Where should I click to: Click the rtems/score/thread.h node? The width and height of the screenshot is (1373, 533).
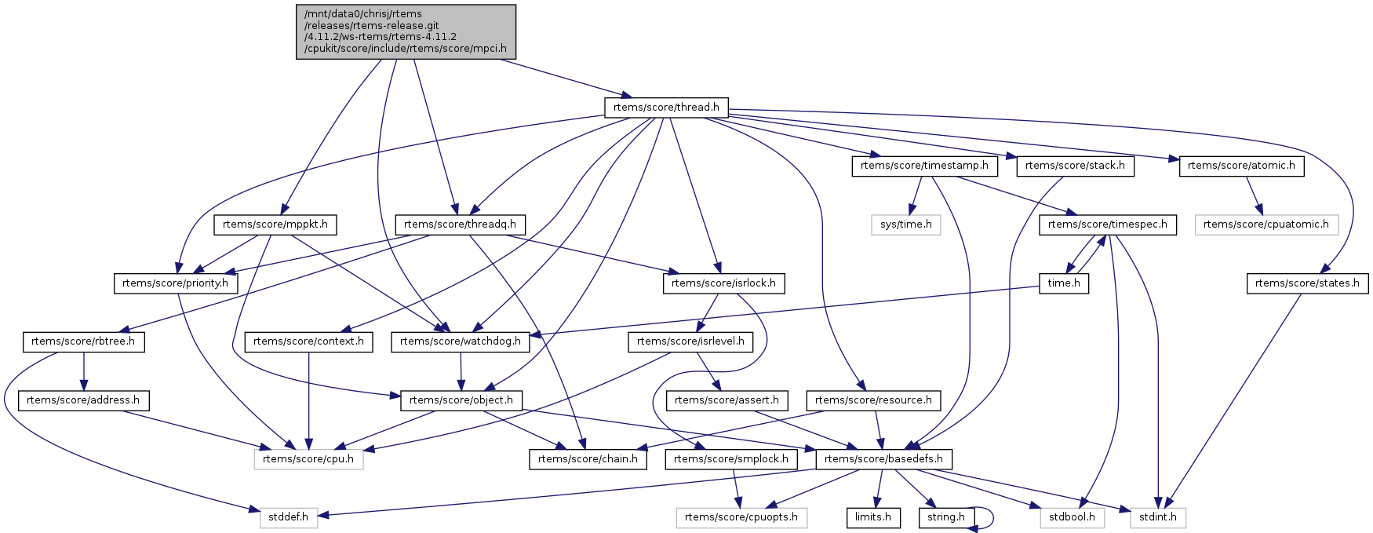click(x=666, y=108)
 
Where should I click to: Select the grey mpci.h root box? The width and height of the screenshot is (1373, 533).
click(x=406, y=31)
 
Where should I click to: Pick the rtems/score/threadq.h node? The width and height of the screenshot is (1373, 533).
click(x=460, y=225)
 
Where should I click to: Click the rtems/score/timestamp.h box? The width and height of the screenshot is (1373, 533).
click(x=925, y=166)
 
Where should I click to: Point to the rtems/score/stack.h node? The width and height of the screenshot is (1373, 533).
click(x=1075, y=166)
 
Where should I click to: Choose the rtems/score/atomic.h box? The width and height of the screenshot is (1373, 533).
click(x=1241, y=166)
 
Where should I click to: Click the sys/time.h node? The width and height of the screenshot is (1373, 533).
click(x=906, y=225)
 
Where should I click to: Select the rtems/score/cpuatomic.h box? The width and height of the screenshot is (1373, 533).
click(x=1266, y=225)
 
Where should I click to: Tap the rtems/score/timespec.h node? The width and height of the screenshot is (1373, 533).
click(x=1108, y=225)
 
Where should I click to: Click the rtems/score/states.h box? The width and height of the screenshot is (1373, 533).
click(x=1307, y=283)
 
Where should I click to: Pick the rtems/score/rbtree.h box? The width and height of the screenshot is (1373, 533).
click(x=83, y=341)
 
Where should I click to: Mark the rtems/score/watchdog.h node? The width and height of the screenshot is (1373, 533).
click(x=461, y=341)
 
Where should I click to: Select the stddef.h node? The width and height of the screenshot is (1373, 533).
click(x=289, y=517)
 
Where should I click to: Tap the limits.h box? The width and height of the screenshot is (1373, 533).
click(x=872, y=517)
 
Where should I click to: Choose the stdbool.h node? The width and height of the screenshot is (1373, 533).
click(x=1073, y=517)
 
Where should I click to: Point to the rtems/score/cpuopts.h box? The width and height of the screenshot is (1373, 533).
click(x=741, y=517)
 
